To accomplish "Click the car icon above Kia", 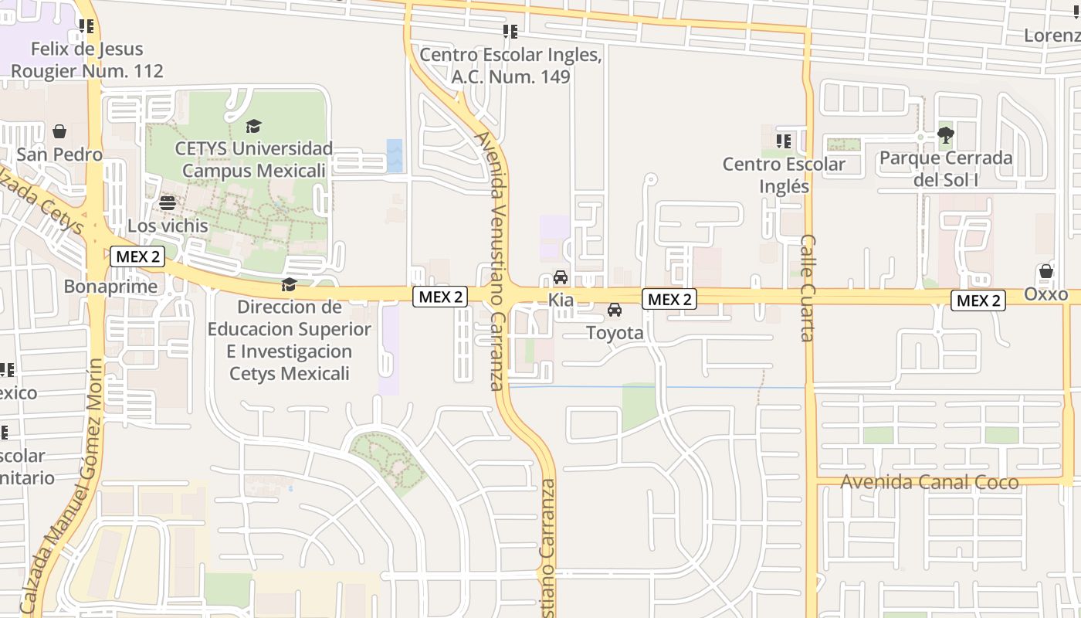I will [561, 277].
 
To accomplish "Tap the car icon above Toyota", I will [615, 310].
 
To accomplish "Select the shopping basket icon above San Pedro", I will [59, 131].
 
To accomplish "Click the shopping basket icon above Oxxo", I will [1046, 271].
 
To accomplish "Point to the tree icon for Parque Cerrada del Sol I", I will [946, 135].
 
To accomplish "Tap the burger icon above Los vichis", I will [168, 203].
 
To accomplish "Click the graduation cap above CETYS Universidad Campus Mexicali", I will [253, 126].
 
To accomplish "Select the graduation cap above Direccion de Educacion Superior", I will [289, 285].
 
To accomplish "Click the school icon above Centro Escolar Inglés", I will [784, 141].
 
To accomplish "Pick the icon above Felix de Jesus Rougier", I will [86, 27].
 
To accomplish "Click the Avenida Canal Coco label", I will [930, 482].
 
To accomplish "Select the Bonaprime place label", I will [110, 287].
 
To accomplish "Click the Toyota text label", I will [615, 333].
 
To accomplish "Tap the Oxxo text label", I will [1046, 294].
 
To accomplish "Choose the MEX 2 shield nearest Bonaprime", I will [137, 256].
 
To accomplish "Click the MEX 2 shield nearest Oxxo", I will [978, 301].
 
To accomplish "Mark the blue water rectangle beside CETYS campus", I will [395, 155].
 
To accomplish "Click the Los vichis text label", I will [168, 226].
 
